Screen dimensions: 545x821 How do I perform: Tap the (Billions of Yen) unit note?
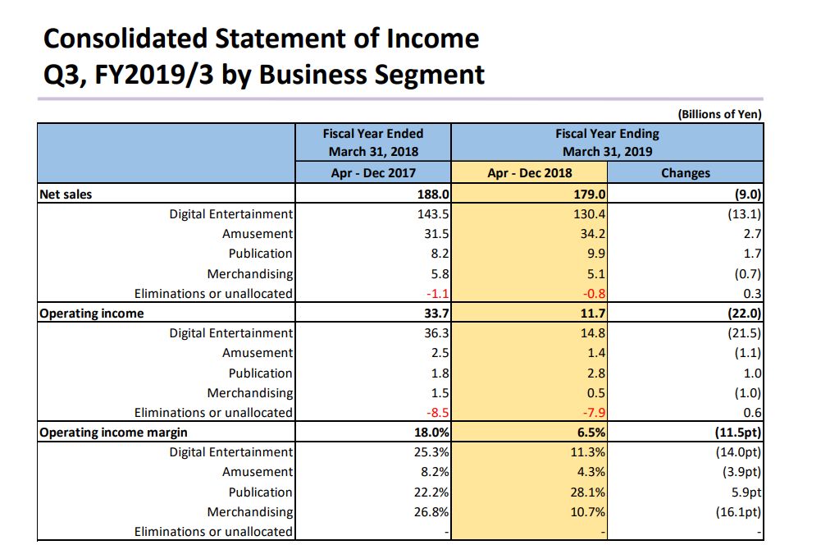tap(718, 114)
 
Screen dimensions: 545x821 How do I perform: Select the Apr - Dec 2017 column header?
tap(372, 173)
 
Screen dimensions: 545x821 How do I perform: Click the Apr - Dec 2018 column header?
tap(530, 173)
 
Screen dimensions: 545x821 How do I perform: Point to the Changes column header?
tap(686, 173)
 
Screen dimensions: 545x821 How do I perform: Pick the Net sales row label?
tap(66, 195)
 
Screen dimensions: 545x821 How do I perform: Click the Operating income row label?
tap(91, 314)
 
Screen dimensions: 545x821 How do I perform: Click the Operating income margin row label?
tap(113, 433)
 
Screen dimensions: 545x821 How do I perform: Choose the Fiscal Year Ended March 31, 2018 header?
tap(372, 142)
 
